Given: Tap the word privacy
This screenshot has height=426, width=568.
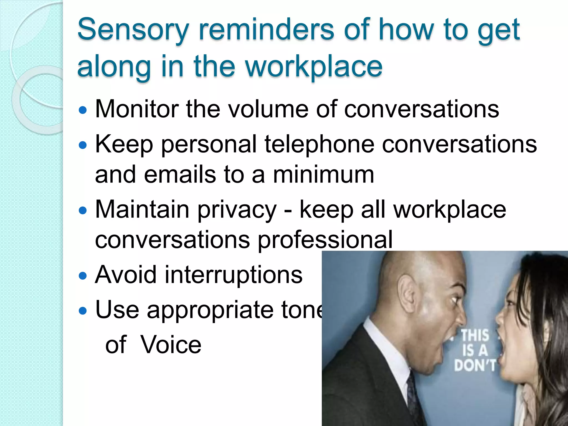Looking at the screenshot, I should pyautogui.click(x=237, y=210).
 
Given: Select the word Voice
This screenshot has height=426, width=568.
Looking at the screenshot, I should pyautogui.click(x=171, y=345).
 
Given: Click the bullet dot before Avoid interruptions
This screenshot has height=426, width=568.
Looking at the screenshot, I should pyautogui.click(x=83, y=276).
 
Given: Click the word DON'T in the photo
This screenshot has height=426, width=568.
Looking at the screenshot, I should pyautogui.click(x=475, y=365).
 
